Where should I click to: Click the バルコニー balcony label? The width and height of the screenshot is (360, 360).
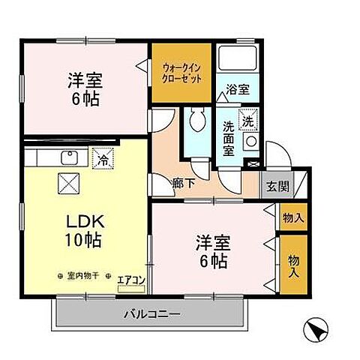click(x=152, y=313)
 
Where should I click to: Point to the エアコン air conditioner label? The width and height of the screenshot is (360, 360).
click(x=132, y=280)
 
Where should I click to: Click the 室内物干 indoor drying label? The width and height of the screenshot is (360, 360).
click(x=83, y=276)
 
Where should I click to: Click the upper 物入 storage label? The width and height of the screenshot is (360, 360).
click(x=292, y=217)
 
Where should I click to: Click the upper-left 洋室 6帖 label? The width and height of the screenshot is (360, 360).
click(x=84, y=88)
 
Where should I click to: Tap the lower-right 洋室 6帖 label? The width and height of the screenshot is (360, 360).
click(x=213, y=251)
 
